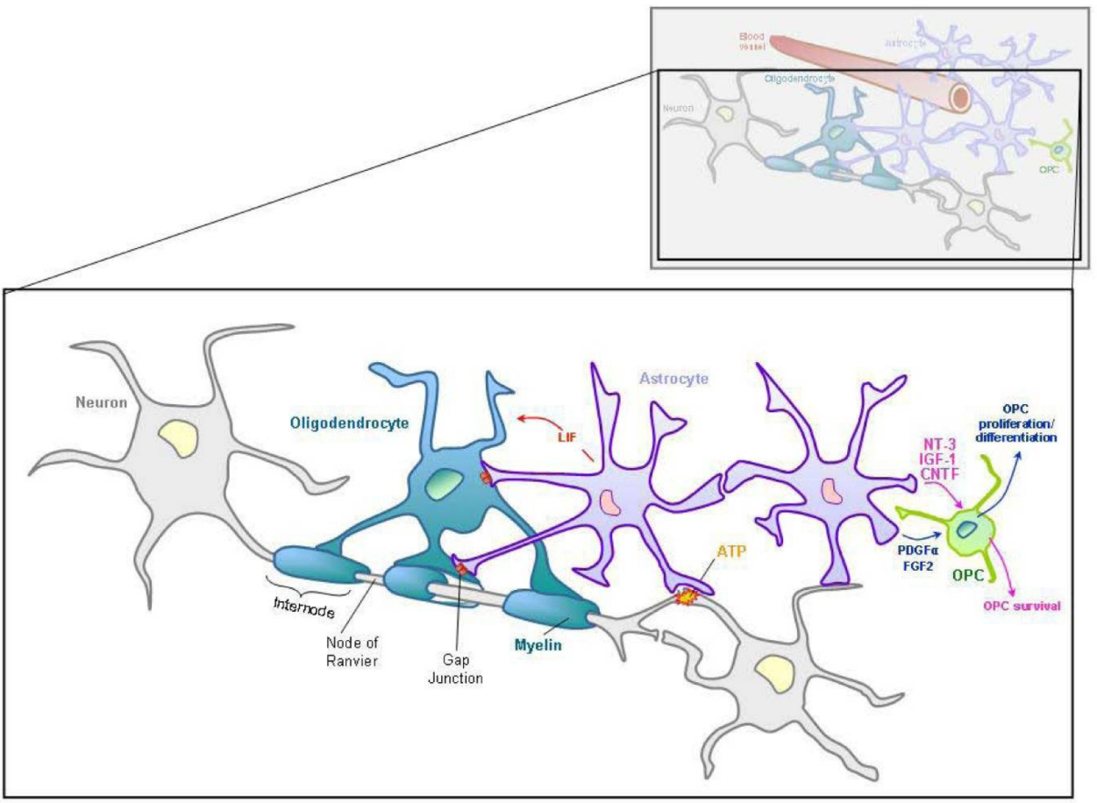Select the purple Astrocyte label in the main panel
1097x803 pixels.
(x=673, y=379)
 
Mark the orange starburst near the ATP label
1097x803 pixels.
(x=686, y=596)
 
